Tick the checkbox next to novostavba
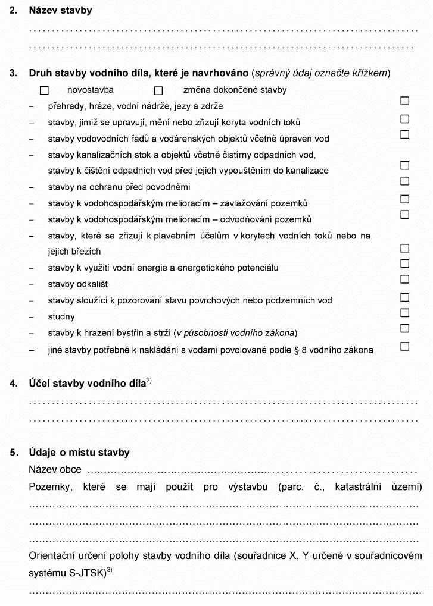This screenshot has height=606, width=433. coord(44,90)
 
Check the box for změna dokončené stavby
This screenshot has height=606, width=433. coord(158,90)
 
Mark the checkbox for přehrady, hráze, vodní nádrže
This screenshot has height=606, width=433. coord(405,102)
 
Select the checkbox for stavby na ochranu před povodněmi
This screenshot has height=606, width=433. coord(405,181)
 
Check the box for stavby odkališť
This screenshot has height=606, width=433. coord(405,280)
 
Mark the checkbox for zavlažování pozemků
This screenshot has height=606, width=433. coord(405,199)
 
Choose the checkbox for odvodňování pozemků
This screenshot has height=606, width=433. coord(405,215)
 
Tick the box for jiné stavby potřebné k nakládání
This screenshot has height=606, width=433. coord(405,346)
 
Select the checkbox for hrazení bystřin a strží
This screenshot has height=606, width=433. coord(405,328)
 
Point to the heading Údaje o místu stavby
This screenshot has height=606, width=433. coord(79,453)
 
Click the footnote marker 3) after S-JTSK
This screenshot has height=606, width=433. coord(110,570)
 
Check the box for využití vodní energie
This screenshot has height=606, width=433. coord(405,263)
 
